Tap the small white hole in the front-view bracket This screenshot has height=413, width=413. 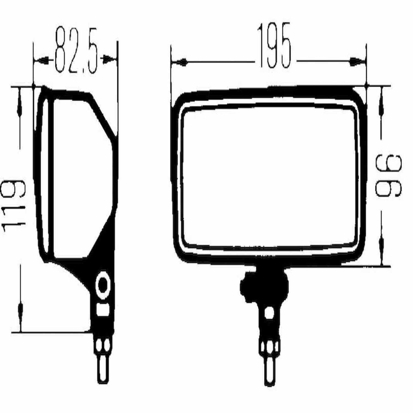269,313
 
